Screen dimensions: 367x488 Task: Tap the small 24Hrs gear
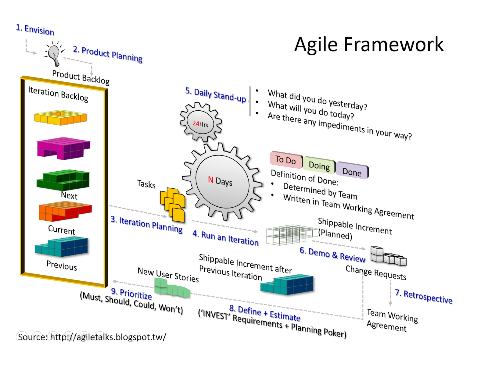pos(200,122)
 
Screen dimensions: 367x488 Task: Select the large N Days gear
pos(222,182)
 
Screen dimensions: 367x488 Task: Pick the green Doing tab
pos(319,166)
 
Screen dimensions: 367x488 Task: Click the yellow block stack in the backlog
pos(60,117)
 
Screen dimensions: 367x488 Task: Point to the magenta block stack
pos(63,148)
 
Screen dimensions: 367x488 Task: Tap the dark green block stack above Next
pos(63,180)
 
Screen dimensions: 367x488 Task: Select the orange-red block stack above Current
pos(65,211)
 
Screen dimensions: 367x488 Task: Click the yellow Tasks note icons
pos(173,205)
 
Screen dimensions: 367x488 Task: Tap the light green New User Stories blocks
pos(172,288)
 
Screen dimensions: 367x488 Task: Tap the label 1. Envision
pos(35,30)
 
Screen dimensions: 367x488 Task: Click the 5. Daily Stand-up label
pos(216,95)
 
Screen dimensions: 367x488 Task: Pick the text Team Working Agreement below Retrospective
pos(392,320)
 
